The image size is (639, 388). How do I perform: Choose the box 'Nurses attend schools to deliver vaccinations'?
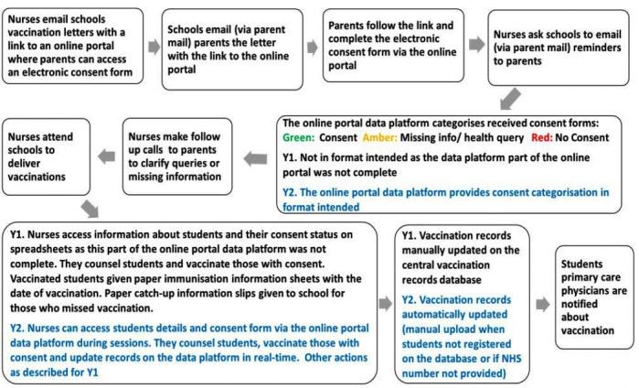point(43,151)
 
